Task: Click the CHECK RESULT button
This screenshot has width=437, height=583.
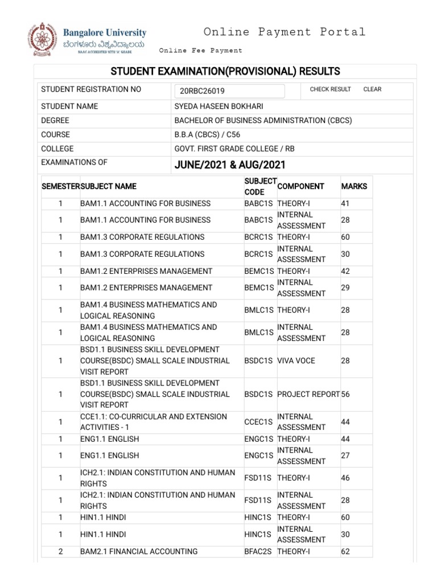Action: (x=330, y=89)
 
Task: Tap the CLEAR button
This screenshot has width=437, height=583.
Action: (x=372, y=89)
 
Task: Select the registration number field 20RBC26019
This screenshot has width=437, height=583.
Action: (x=229, y=91)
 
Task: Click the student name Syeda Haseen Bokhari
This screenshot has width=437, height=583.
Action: (x=218, y=106)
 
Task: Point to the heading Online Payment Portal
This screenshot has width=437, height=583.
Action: (x=285, y=32)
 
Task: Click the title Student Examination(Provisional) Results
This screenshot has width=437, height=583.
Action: (x=225, y=71)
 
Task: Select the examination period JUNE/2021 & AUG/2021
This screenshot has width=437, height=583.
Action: (x=229, y=165)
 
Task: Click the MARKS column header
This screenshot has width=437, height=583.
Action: (x=354, y=186)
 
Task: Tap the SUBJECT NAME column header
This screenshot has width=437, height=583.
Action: (x=109, y=186)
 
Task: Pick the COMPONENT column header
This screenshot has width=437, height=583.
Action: (x=300, y=186)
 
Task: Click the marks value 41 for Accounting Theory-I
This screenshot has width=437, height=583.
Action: (x=345, y=203)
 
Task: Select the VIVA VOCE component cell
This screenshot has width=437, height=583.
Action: (x=296, y=360)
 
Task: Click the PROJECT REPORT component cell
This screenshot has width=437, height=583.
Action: (x=308, y=394)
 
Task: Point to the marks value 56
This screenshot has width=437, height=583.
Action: (x=345, y=394)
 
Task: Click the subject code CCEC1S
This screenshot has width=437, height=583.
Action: (x=258, y=422)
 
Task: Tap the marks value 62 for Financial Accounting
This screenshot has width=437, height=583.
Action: (x=345, y=551)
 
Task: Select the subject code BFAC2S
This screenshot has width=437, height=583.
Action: (x=259, y=551)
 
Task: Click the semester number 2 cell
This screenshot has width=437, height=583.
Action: (x=60, y=551)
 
